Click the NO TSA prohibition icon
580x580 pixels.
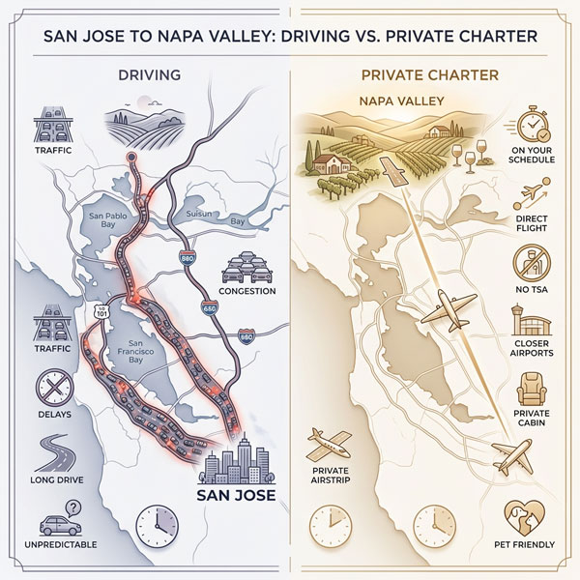click(531, 260)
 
